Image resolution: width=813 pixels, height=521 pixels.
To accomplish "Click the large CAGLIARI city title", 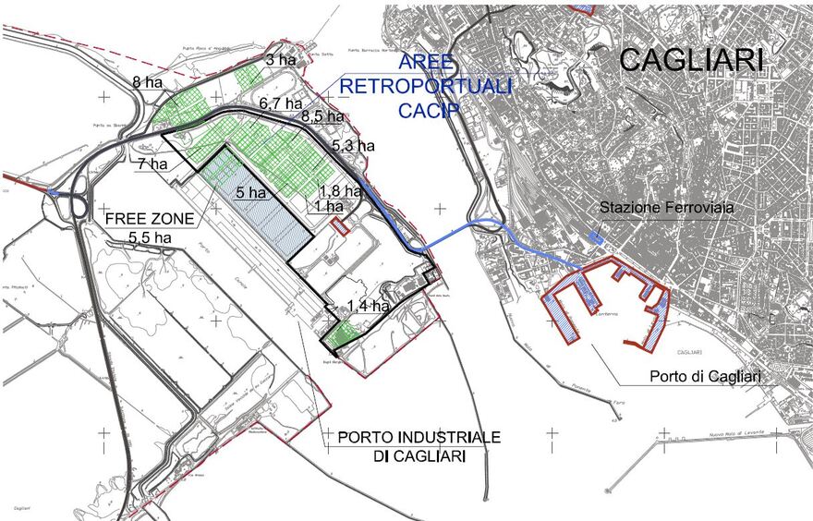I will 691,60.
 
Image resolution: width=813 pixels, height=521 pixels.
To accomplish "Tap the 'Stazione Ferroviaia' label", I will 667,209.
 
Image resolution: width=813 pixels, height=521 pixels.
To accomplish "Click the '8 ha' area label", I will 149,81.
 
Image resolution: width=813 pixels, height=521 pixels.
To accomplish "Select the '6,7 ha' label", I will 281,103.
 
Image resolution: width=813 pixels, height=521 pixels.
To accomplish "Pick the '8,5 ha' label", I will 322,117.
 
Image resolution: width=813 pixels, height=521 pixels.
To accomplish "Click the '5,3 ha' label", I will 353,145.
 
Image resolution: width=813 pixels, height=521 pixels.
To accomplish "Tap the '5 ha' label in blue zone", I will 250,194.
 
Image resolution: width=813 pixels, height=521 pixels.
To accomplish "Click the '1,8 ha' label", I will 339,191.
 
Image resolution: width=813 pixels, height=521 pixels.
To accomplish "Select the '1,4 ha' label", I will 369,305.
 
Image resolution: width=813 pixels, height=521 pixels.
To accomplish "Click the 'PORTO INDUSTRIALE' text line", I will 419,436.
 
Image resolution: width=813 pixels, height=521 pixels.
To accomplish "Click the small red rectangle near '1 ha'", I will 339,225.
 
